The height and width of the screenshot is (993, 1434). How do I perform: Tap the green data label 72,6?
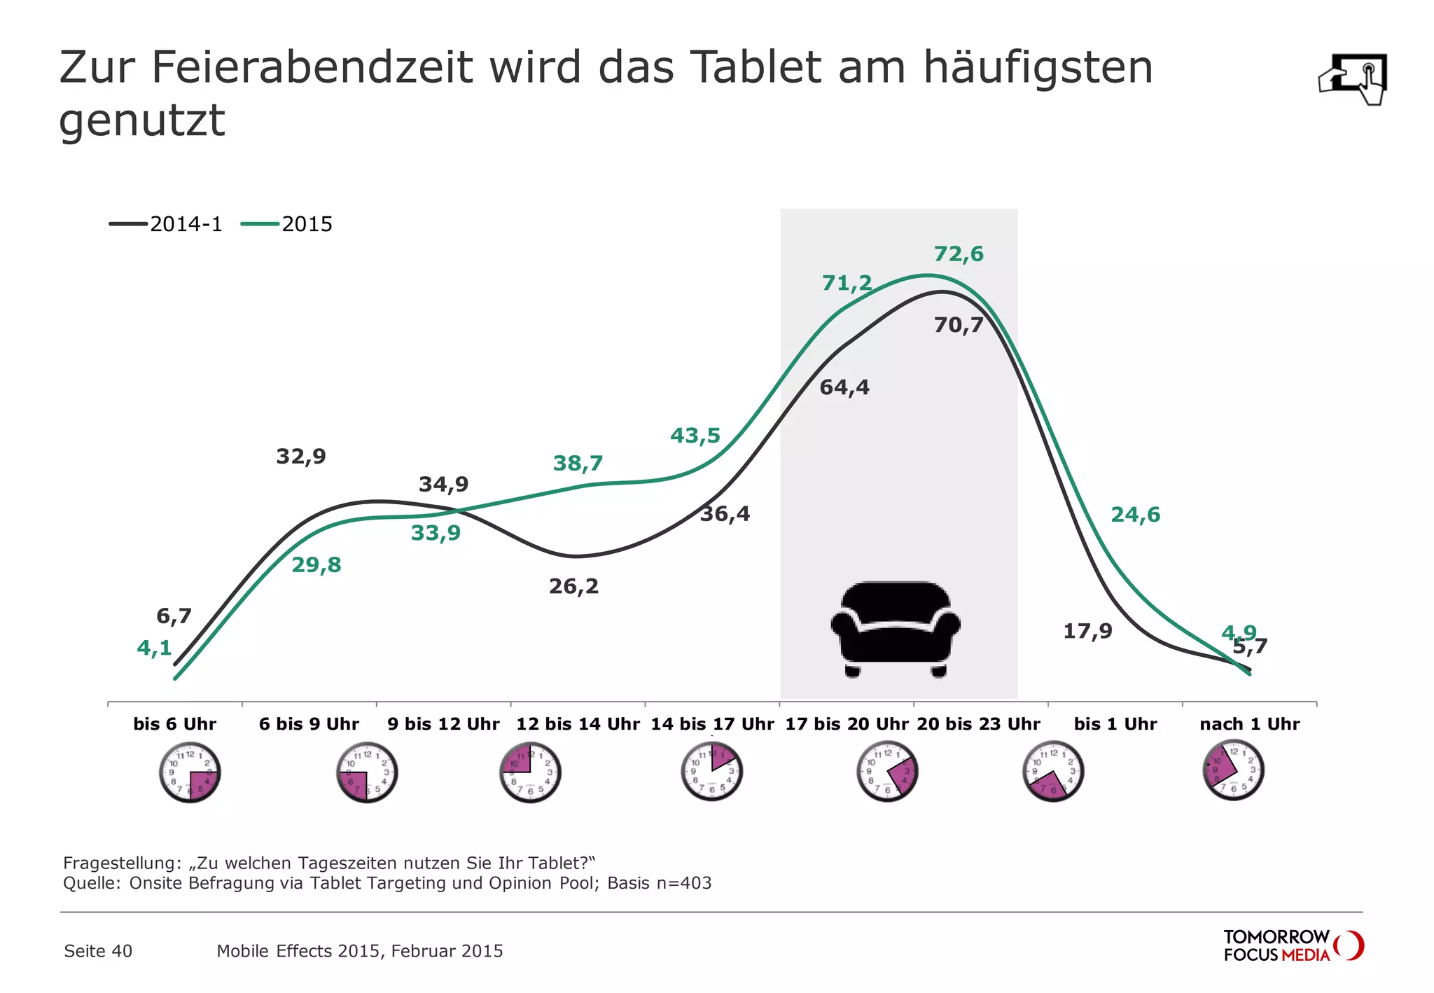(x=959, y=254)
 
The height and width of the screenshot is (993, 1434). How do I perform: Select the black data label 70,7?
(x=959, y=325)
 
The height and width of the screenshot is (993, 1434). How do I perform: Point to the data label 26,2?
(x=573, y=586)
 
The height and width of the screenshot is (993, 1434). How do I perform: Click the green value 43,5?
(x=695, y=436)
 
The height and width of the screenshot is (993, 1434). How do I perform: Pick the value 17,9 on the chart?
(x=1087, y=631)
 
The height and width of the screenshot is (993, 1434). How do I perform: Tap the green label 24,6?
(x=1135, y=515)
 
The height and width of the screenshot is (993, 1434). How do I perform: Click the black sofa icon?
(x=896, y=628)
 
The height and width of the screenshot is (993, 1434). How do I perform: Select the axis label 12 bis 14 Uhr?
(x=578, y=724)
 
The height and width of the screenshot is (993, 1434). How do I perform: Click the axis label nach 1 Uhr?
(x=1249, y=724)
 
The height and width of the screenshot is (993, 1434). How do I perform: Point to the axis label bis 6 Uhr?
(x=174, y=724)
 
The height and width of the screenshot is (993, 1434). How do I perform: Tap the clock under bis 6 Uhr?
(x=190, y=772)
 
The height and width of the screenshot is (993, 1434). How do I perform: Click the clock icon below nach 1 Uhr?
(x=1233, y=770)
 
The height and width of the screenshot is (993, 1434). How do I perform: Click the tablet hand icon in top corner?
(x=1353, y=78)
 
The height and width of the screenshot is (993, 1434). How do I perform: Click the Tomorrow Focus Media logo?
(x=1293, y=945)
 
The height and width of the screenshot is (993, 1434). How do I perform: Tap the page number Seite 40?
(x=98, y=951)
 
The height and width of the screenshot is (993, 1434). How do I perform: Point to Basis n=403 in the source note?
(x=659, y=883)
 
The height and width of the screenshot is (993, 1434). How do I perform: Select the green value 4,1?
(x=154, y=648)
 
